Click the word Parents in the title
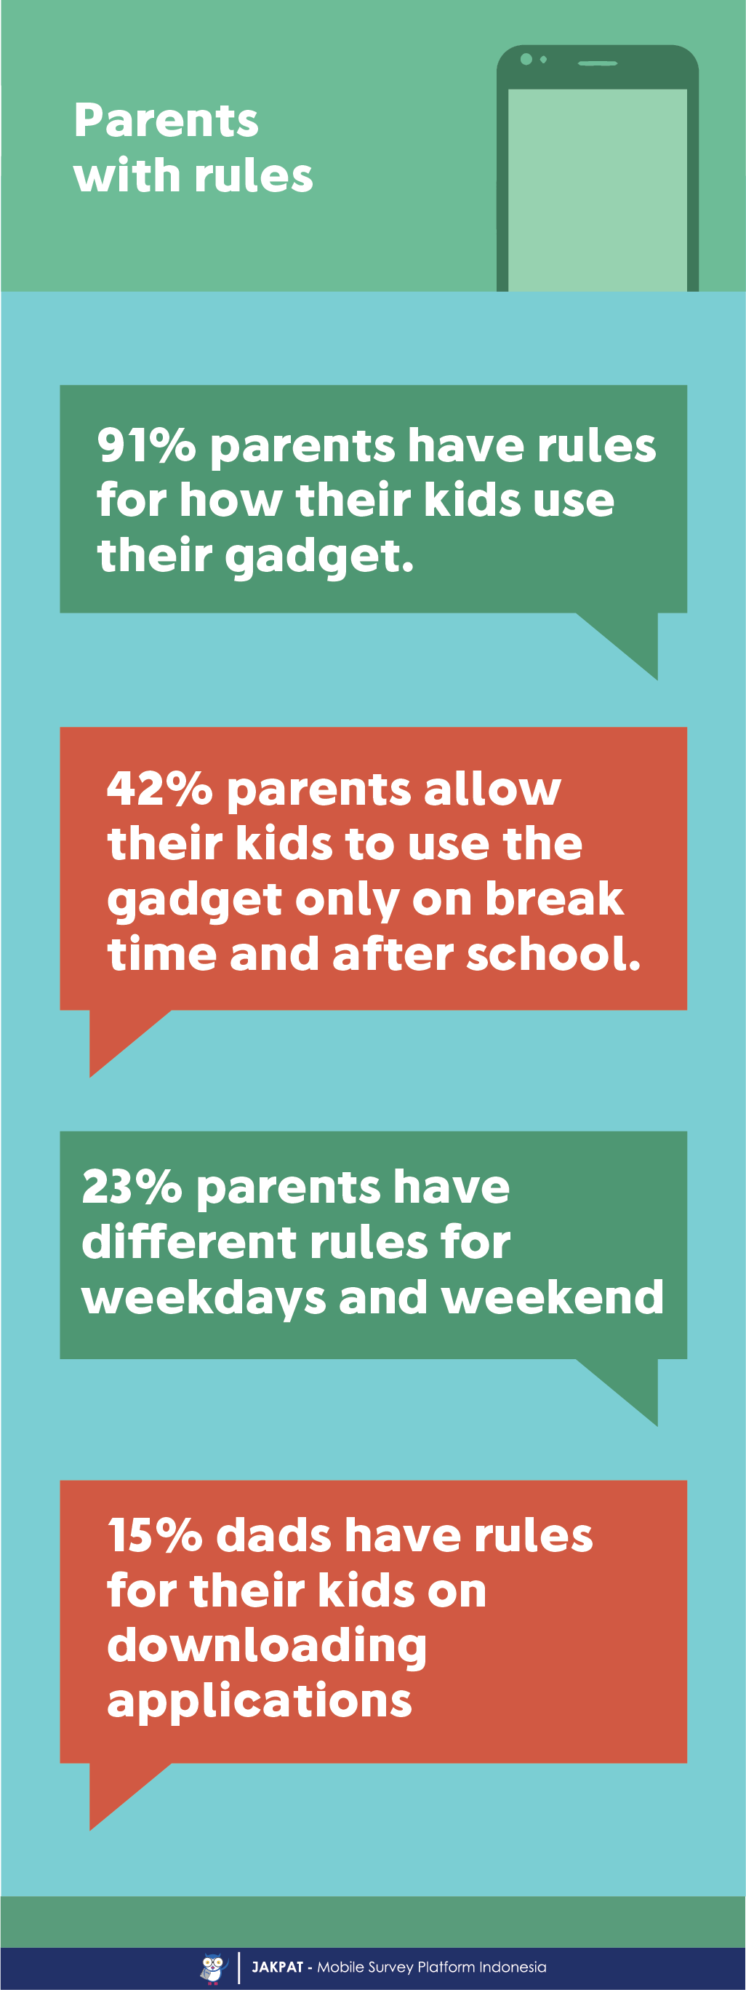tap(166, 121)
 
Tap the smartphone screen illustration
tap(597, 190)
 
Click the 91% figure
tap(147, 446)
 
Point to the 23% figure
tap(132, 1187)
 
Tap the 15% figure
tap(155, 1535)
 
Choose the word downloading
tap(267, 1647)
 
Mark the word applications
tap(260, 1702)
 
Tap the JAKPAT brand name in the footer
tap(277, 1967)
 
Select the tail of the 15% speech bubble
tap(120, 1793)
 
